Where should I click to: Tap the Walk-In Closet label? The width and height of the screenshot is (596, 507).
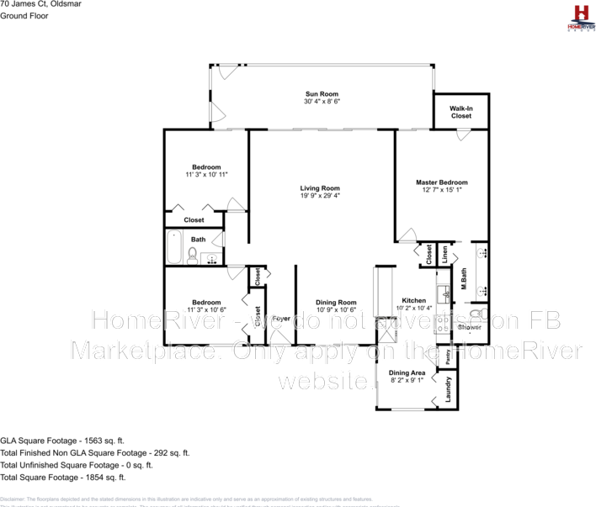click(460, 108)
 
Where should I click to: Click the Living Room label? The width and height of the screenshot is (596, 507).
click(320, 188)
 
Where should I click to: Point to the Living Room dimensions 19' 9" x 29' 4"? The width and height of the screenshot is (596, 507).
click(320, 196)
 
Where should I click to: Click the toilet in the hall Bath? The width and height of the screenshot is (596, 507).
click(193, 256)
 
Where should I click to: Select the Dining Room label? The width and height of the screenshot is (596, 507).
click(336, 303)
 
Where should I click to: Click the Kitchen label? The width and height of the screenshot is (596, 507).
click(413, 300)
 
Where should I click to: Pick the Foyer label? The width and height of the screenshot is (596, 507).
click(280, 320)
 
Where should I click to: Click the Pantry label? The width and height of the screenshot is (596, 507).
click(447, 356)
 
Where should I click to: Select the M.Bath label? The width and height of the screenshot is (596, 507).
click(463, 279)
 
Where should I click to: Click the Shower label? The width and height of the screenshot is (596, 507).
click(469, 327)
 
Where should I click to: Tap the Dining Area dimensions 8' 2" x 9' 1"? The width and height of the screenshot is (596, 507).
click(406, 381)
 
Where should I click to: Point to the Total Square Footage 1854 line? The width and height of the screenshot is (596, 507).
click(63, 477)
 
